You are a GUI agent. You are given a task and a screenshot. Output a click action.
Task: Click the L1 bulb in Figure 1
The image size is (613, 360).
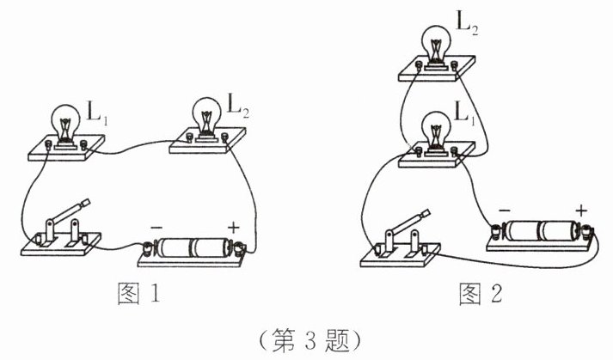pos(63,123)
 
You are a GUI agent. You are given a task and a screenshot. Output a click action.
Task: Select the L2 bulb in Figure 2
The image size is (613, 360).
pos(437,43)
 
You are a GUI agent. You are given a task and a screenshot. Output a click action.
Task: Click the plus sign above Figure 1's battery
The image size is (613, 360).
pos(233,228)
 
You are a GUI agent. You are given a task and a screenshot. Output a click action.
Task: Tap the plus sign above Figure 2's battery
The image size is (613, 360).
pos(582,209)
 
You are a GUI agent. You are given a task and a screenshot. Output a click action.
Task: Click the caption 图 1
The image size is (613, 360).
pos(137,295)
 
